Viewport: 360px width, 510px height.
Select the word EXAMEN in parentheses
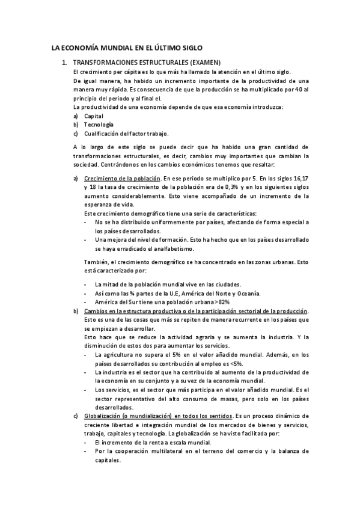point(206,62)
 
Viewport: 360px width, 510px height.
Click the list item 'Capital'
point(94,115)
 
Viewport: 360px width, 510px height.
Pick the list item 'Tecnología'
point(99,124)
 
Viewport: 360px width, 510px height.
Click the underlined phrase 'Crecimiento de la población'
point(122,179)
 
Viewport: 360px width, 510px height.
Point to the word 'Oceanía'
point(246,293)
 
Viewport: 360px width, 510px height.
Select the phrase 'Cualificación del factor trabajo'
point(126,133)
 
